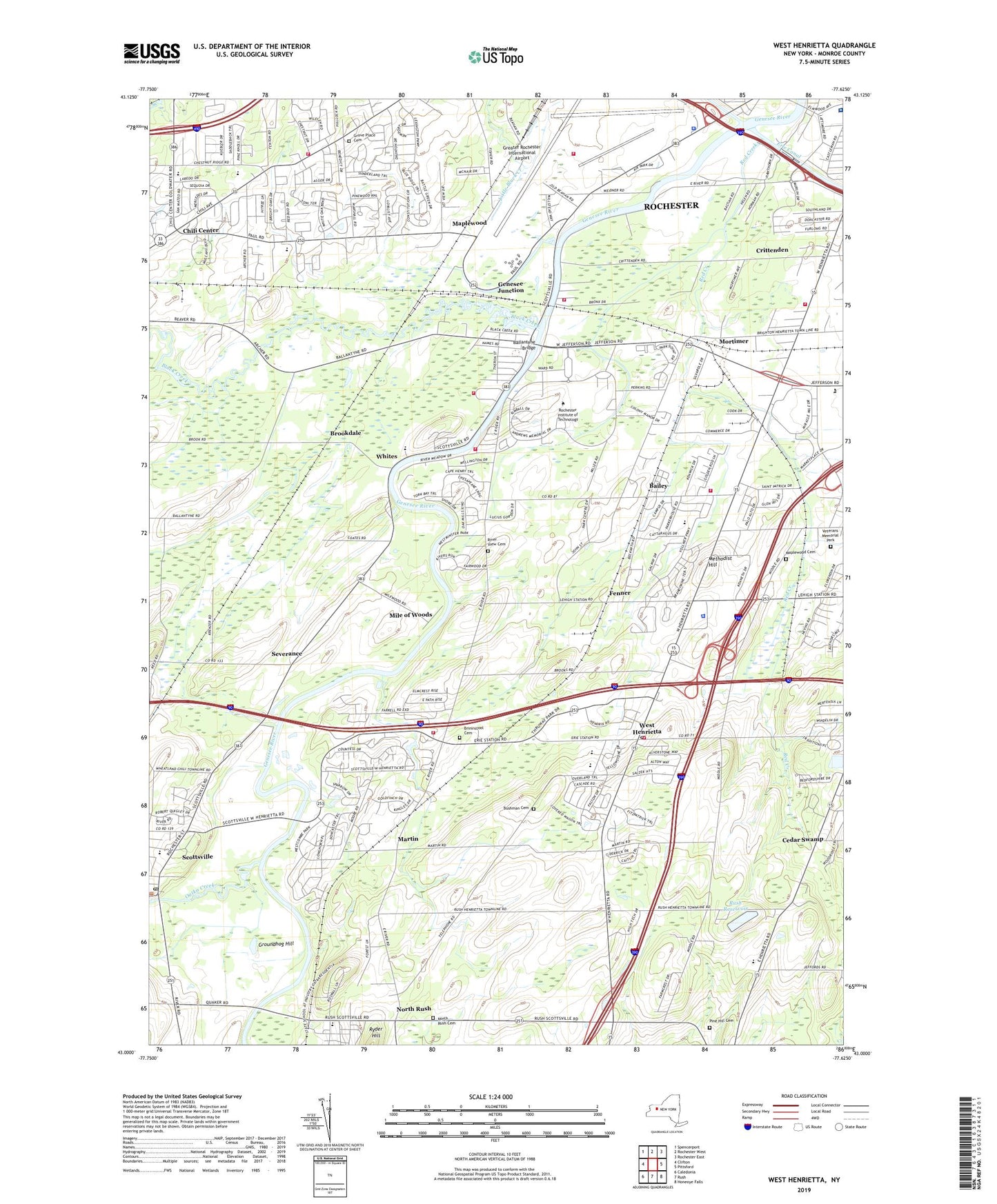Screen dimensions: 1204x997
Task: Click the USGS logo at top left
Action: tap(151, 53)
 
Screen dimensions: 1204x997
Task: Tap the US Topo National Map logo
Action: tap(495, 57)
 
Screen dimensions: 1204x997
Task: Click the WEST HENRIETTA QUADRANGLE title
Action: tap(824, 46)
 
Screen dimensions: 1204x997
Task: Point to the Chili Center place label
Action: tap(200, 230)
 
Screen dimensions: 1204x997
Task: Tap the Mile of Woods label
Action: tap(411, 614)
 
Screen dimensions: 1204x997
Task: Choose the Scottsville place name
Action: tap(197, 856)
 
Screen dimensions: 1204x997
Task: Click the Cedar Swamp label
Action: tap(802, 839)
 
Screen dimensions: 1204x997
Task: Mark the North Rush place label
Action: tap(413, 1009)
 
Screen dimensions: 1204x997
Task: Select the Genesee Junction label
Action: tap(511, 287)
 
